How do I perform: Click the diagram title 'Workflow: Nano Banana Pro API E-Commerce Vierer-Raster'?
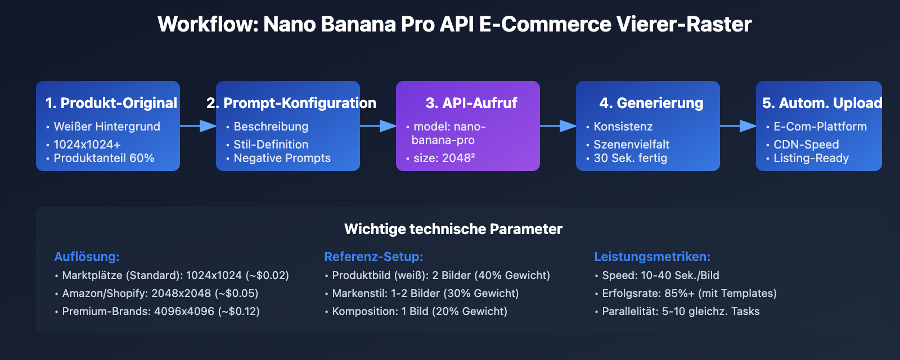(x=454, y=24)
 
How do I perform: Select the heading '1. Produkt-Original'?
(x=111, y=103)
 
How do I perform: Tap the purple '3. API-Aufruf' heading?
(x=471, y=103)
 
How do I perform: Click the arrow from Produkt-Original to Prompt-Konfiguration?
(x=198, y=126)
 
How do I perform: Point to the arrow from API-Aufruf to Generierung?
(x=558, y=126)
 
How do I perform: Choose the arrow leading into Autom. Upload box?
(x=738, y=126)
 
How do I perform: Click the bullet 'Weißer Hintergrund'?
(x=107, y=127)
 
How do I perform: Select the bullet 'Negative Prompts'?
(x=282, y=158)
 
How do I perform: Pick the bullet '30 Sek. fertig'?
(x=630, y=158)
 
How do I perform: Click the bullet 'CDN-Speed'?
(x=806, y=145)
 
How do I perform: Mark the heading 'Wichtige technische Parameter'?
(x=453, y=229)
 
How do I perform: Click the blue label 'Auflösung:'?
(x=87, y=256)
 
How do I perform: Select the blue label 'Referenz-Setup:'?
(x=373, y=256)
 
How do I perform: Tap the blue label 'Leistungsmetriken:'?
(x=652, y=256)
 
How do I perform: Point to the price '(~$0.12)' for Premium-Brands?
(x=238, y=311)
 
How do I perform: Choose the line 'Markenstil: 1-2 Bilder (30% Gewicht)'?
(x=425, y=293)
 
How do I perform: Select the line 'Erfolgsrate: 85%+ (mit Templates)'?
(x=689, y=293)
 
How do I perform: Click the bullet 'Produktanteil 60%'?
(x=104, y=158)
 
